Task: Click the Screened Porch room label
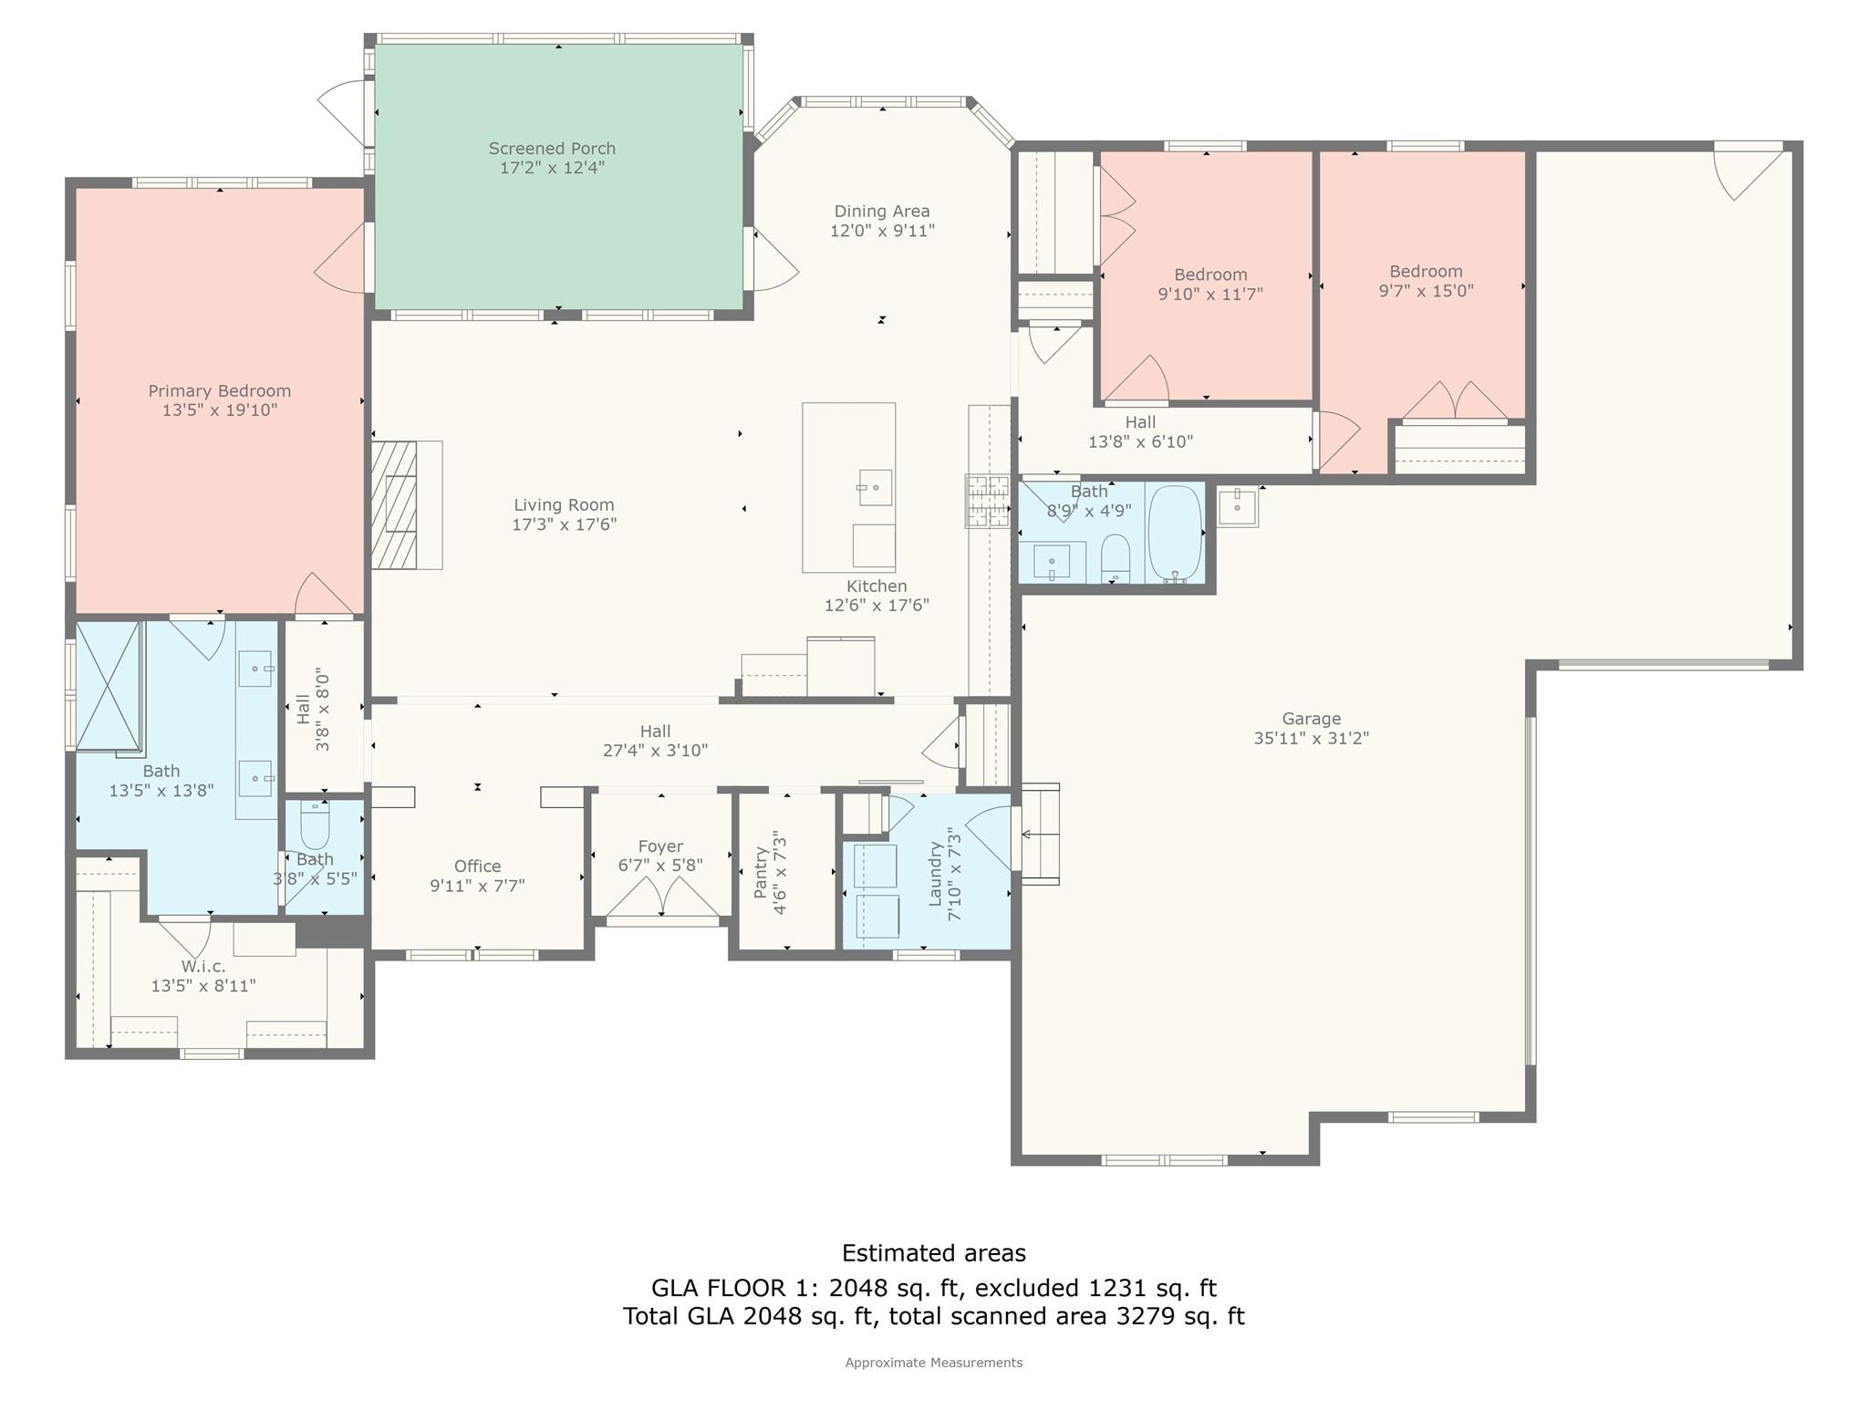[552, 149]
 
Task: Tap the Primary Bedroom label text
[220, 391]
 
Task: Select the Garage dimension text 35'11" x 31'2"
[1312, 738]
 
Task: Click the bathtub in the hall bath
[1175, 534]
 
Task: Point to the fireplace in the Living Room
[394, 505]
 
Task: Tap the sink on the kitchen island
[875, 488]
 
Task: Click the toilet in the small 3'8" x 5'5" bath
[315, 825]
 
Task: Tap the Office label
[478, 867]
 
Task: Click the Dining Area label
[882, 212]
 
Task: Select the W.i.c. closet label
[203, 966]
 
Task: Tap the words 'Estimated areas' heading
[934, 1253]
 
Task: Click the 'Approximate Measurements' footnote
[934, 1363]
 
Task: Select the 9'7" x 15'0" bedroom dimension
[1427, 291]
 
